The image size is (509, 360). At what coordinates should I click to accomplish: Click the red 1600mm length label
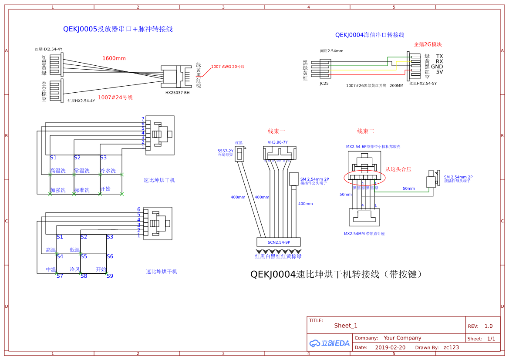tap(114, 58)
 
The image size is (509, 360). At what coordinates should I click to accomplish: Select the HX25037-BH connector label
tap(177, 93)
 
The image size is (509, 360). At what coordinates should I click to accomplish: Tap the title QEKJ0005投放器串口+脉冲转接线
tap(118, 29)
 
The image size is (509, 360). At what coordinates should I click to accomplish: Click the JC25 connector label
tap(324, 83)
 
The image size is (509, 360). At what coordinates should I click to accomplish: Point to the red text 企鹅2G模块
tap(428, 44)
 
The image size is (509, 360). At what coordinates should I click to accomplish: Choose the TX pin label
tap(439, 56)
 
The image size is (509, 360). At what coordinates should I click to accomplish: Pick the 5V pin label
tap(439, 72)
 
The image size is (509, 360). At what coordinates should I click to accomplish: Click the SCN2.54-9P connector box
tap(279, 242)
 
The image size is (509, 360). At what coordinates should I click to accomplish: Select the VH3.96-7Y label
tap(277, 142)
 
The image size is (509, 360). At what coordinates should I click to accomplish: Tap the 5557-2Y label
tap(226, 151)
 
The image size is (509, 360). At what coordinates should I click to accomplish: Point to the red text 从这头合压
tap(398, 169)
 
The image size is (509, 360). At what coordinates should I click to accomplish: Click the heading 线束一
tap(276, 131)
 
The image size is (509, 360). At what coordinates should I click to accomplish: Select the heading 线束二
tap(366, 131)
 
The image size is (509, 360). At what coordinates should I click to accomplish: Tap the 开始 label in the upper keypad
tap(105, 189)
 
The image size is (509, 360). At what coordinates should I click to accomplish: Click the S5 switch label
tap(84, 256)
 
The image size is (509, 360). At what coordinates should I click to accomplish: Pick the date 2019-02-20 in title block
tap(390, 347)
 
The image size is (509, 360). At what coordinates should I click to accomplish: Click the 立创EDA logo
tap(330, 343)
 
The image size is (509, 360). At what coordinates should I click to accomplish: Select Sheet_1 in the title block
tap(346, 326)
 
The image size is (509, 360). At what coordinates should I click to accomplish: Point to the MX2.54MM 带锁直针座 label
tap(364, 234)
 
